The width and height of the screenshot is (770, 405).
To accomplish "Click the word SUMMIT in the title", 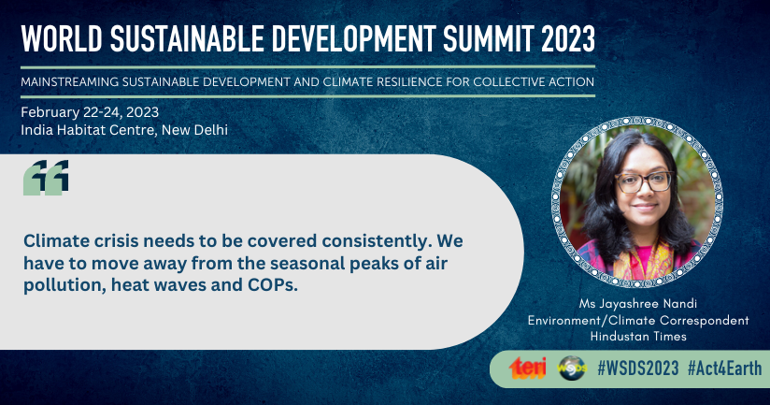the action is click(x=488, y=38).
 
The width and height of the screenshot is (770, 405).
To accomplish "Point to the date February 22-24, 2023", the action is click(x=90, y=112).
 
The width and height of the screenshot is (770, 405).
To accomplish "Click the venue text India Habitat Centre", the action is click(x=89, y=130).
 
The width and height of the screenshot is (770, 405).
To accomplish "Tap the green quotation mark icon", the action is click(x=46, y=178).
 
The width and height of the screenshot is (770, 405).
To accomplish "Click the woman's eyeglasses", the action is click(x=644, y=181).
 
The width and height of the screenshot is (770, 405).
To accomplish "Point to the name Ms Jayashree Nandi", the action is click(x=638, y=303).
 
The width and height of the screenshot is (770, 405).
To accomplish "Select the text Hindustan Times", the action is click(x=638, y=336).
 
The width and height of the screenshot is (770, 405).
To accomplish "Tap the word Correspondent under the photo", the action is click(x=705, y=321).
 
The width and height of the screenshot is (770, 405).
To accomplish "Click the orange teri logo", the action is click(x=527, y=369).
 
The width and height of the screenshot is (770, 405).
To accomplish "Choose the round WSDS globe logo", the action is click(x=572, y=369).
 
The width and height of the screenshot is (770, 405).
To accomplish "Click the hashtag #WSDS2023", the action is click(x=638, y=369).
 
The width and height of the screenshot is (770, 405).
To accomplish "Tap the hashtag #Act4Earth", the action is click(x=725, y=369).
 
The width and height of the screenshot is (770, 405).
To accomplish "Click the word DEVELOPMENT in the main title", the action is click(x=353, y=38).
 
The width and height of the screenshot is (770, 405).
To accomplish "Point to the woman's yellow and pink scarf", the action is click(x=642, y=262).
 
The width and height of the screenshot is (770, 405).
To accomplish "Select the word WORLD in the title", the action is click(x=62, y=38).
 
